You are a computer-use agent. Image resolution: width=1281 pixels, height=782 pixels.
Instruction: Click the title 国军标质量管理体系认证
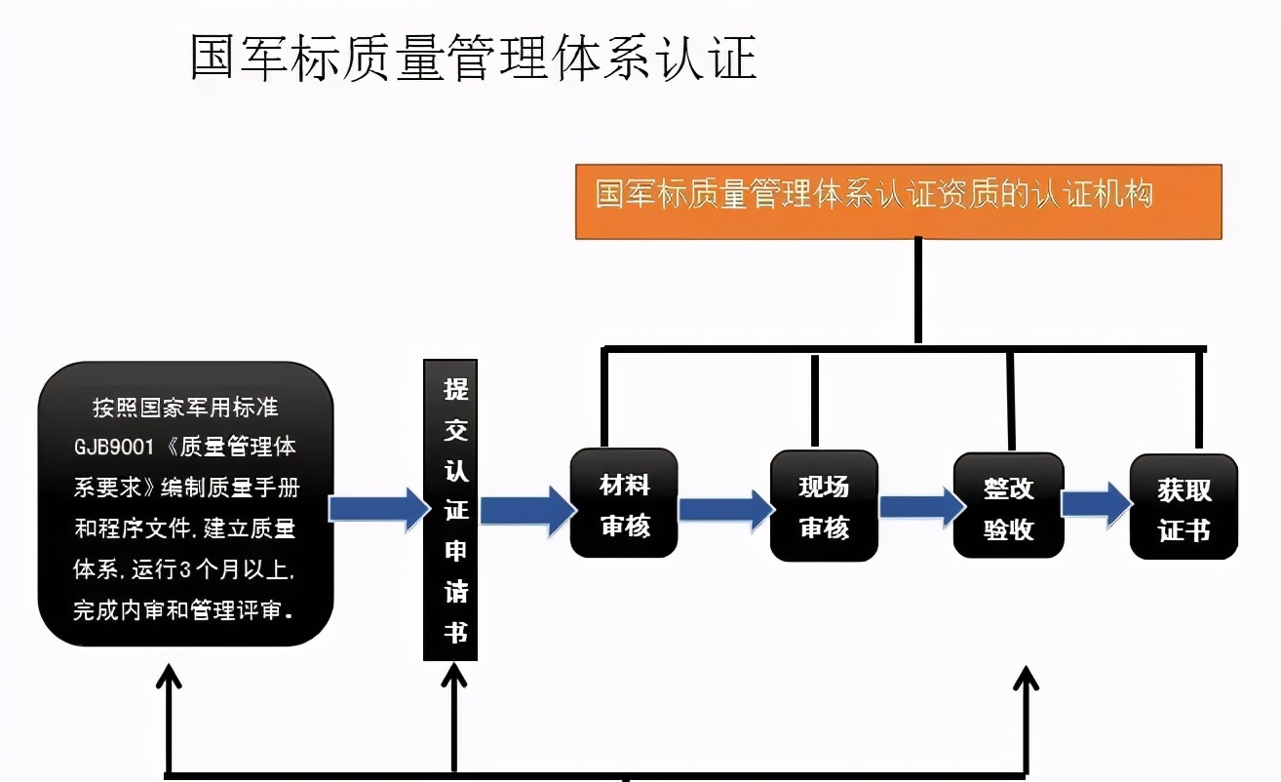[x=473, y=59]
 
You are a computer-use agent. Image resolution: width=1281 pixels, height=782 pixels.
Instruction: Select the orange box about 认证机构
[x=898, y=201]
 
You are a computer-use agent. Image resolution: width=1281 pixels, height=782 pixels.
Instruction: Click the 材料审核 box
[x=624, y=503]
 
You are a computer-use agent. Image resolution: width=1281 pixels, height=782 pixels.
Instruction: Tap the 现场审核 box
[x=824, y=505]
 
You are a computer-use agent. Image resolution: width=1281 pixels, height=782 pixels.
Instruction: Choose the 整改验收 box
[x=1008, y=506]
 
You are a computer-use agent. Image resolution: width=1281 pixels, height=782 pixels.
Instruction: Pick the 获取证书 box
[x=1184, y=507]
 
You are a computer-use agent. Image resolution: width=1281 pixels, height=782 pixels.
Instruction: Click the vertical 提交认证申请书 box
[x=450, y=510]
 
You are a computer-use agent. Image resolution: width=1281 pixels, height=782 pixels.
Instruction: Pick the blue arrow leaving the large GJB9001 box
[x=378, y=508]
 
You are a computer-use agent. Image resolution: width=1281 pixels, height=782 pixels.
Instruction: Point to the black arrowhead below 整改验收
[x=1025, y=678]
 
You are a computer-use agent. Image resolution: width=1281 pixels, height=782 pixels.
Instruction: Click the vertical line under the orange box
[x=917, y=291]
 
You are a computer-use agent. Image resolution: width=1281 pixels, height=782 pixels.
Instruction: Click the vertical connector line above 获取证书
[x=1198, y=400]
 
